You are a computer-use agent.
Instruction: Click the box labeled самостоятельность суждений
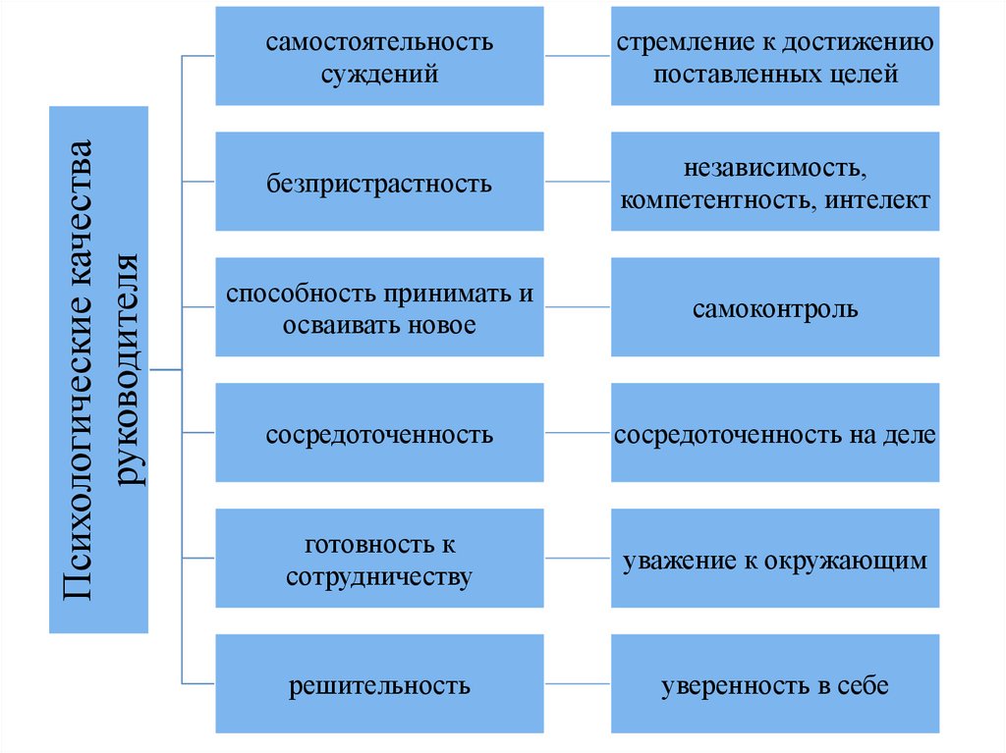tap(379, 56)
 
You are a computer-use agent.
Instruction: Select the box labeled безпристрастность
tap(379, 182)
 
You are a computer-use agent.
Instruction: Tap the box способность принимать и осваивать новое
tap(379, 307)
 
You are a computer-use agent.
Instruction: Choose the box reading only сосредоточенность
tap(379, 433)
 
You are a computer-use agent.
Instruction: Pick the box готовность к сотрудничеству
tap(379, 559)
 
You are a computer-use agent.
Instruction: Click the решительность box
tap(379, 684)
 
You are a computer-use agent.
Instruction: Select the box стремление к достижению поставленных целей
tap(774, 56)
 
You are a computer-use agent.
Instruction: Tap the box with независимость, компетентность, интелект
tap(774, 182)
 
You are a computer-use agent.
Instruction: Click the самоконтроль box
tap(774, 307)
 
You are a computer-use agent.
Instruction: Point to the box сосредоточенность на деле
tap(774, 433)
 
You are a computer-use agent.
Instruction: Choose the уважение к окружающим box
tap(774, 559)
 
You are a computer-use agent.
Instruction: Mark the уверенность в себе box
tap(774, 684)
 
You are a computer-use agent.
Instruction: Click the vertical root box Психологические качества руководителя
tap(98, 369)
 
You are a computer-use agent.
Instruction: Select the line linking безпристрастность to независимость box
tap(577, 182)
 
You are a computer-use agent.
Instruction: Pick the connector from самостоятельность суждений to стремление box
tap(577, 56)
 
